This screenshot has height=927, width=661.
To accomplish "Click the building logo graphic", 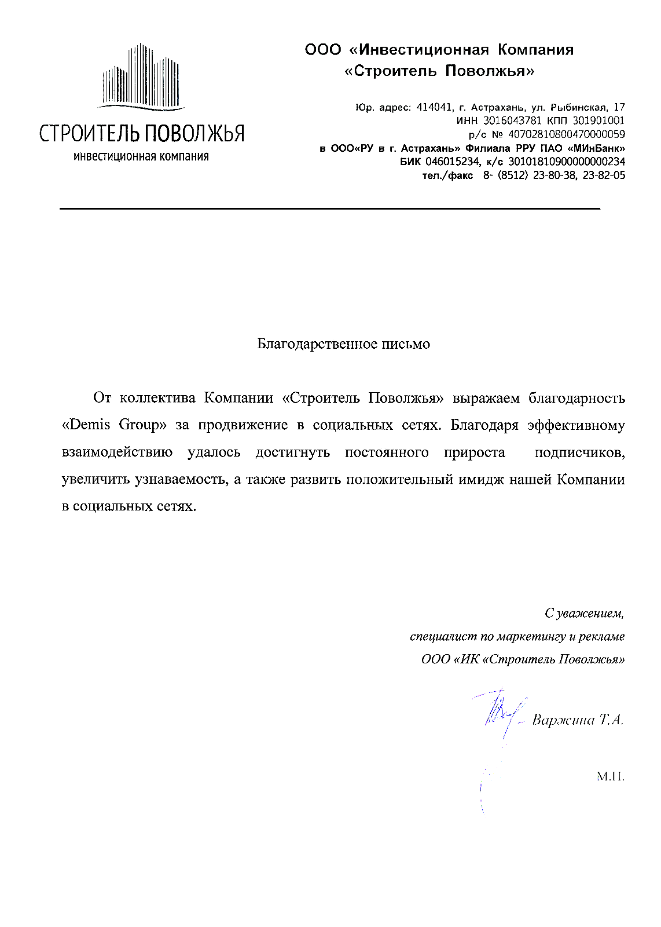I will tap(142, 76).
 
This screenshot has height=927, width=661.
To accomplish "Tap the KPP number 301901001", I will tap(598, 121).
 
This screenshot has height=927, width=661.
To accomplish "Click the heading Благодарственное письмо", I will tap(343, 344).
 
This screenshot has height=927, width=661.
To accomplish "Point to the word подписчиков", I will tap(579, 452).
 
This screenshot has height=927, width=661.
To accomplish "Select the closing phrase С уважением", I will tap(584, 613).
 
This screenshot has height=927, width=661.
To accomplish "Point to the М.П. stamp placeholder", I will tap(611, 776).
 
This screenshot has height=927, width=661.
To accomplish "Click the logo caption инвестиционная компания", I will tap(141, 156).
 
